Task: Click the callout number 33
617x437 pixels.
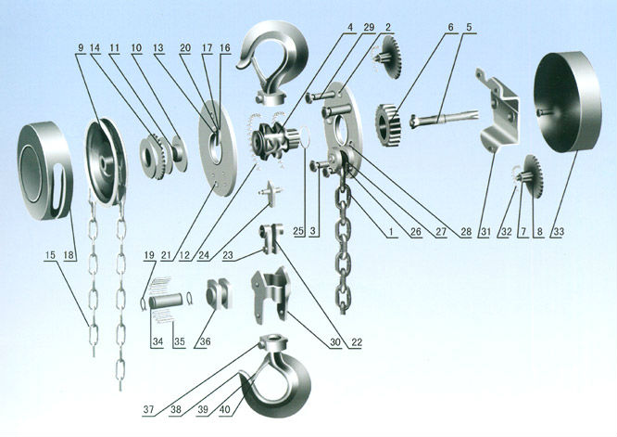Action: [x=559, y=232]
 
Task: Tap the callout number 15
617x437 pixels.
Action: [x=50, y=255]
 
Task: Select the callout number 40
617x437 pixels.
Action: [x=225, y=409]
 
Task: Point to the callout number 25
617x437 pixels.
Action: [x=298, y=231]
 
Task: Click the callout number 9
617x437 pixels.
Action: [x=81, y=47]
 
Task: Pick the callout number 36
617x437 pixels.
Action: [x=205, y=341]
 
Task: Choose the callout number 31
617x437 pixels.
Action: [x=485, y=232]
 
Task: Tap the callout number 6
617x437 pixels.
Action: [x=450, y=27]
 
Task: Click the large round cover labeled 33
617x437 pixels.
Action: [x=567, y=102]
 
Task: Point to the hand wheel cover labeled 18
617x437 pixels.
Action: [x=44, y=171]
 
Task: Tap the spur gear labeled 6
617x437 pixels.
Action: [x=388, y=125]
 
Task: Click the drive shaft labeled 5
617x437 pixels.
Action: [x=444, y=118]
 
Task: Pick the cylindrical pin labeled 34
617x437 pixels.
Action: [x=166, y=302]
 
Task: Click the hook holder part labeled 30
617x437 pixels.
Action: [x=271, y=295]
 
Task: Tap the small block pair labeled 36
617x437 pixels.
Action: [x=219, y=293]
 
